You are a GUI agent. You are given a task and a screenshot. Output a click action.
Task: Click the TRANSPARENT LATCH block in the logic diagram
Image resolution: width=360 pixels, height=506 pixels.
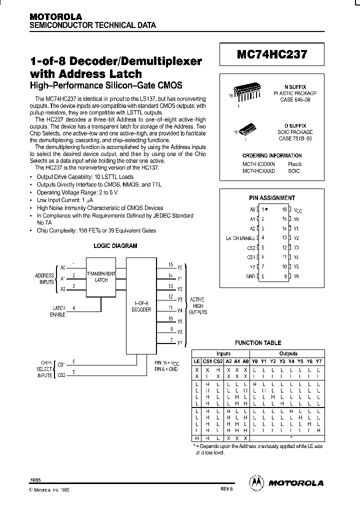(x=101, y=276)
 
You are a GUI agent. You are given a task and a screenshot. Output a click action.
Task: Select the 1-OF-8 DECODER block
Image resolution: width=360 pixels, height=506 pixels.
(x=141, y=306)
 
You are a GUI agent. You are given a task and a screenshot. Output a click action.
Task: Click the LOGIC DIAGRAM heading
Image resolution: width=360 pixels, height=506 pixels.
(x=115, y=246)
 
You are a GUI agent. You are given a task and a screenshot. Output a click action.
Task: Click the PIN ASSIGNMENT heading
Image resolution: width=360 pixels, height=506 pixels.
(x=272, y=198)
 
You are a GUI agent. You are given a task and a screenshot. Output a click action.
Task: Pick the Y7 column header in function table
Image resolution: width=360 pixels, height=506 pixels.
(x=318, y=361)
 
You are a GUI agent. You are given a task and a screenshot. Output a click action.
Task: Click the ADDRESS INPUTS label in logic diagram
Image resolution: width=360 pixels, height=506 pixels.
(x=44, y=278)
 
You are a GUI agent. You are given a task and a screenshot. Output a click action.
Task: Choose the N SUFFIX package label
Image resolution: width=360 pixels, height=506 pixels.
(x=298, y=86)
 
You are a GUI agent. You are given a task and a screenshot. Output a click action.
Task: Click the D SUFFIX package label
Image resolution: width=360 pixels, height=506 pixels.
(x=298, y=125)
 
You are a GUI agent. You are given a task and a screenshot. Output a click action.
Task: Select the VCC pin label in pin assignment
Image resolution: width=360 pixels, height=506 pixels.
(x=297, y=210)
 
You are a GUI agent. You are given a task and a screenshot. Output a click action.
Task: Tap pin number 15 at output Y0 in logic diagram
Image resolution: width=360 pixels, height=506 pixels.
(x=171, y=264)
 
